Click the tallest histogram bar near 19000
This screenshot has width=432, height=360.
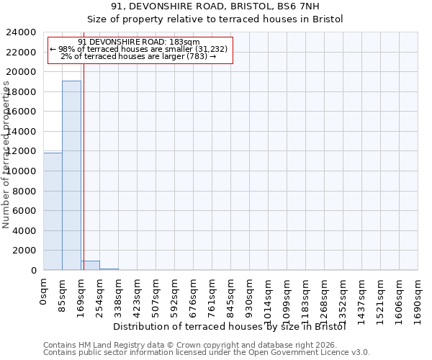click(71, 175)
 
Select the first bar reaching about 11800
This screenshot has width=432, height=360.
click(53, 211)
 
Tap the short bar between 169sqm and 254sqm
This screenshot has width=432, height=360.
click(90, 265)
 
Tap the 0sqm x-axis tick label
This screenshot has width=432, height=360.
click(43, 293)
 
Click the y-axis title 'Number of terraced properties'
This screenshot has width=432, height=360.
click(6, 155)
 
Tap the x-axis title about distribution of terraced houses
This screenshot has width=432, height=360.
click(230, 326)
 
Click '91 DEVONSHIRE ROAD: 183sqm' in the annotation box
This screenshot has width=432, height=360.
click(139, 42)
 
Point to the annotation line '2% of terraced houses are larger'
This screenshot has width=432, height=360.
click(139, 56)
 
